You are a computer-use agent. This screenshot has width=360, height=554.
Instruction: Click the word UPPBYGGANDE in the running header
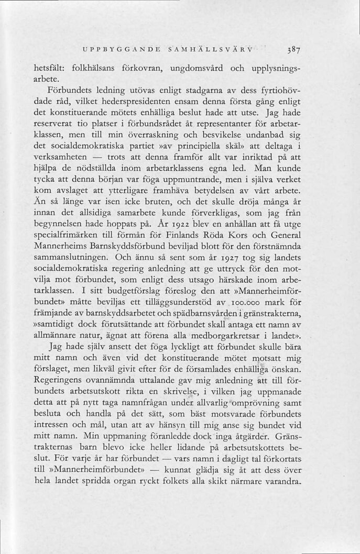(x=117, y=50)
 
